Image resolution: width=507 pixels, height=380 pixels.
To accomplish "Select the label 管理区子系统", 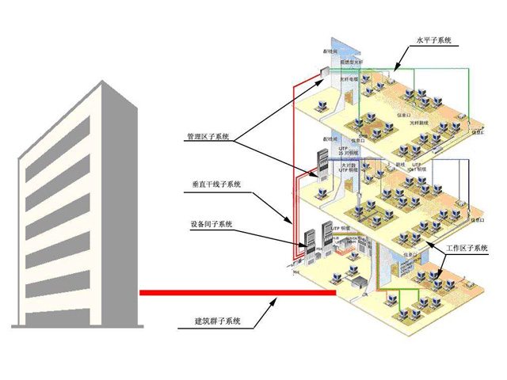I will pyautogui.click(x=208, y=136).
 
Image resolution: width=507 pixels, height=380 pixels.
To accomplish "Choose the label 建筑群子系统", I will pyautogui.click(x=218, y=321).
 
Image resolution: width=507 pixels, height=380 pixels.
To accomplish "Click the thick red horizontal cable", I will pyautogui.click(x=238, y=292).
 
